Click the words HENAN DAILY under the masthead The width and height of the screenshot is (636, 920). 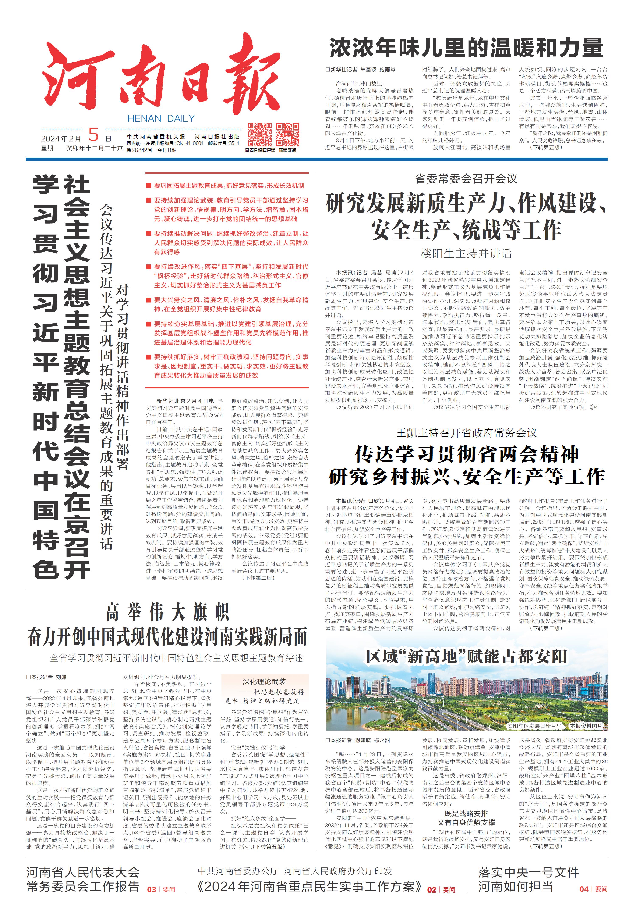(161, 118)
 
